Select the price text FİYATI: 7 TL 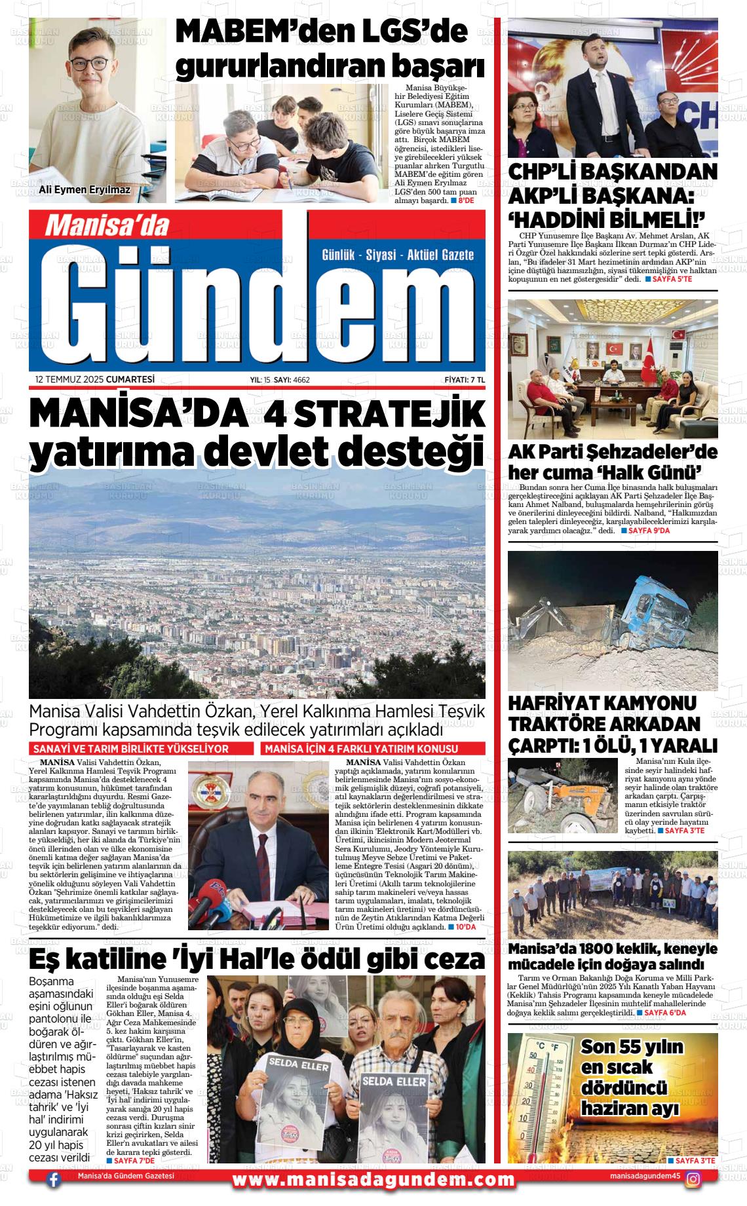click(x=464, y=379)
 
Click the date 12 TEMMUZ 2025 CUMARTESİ click(x=95, y=379)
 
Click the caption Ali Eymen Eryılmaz click(x=85, y=191)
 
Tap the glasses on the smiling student click(x=88, y=64)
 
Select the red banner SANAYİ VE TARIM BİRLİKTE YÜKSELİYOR click(x=141, y=749)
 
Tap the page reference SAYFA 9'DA click(x=645, y=530)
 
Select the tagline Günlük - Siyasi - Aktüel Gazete click(x=398, y=255)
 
